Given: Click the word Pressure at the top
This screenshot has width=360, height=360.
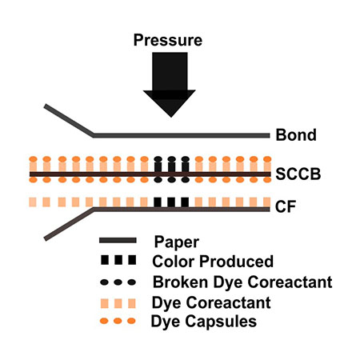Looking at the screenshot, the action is tap(168, 41).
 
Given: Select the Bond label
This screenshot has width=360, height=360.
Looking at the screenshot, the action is tap(296, 135).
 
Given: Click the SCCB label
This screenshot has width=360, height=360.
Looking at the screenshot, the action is tap(298, 174).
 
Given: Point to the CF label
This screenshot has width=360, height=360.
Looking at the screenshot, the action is tap(286, 206).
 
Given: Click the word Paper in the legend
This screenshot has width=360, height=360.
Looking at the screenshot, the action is tap(177, 242).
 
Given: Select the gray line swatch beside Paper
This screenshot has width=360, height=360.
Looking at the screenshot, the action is tap(118, 240).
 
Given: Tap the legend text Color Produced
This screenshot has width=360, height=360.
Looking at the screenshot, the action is tap(213, 262).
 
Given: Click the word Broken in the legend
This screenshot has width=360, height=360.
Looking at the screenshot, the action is tap(180, 282).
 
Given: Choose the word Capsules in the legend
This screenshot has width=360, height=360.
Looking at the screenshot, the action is tap(221, 322).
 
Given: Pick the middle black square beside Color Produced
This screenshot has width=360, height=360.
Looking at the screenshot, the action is tap(118, 260).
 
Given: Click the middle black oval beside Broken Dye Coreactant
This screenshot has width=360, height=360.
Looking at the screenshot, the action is tap(118, 282).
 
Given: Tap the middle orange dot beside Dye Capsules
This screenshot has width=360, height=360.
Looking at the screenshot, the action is tap(118, 321).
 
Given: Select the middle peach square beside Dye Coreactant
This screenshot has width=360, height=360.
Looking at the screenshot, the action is tap(118, 303).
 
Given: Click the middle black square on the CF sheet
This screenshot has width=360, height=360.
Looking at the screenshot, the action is tap(171, 202).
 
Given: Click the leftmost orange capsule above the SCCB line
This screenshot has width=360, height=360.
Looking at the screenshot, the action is tap(33, 159).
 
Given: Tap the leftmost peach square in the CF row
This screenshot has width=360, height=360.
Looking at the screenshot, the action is tap(33, 202).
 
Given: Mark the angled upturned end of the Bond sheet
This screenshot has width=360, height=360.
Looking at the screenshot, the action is tap(46, 106).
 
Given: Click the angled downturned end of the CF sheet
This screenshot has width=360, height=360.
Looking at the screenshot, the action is tap(46, 238).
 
